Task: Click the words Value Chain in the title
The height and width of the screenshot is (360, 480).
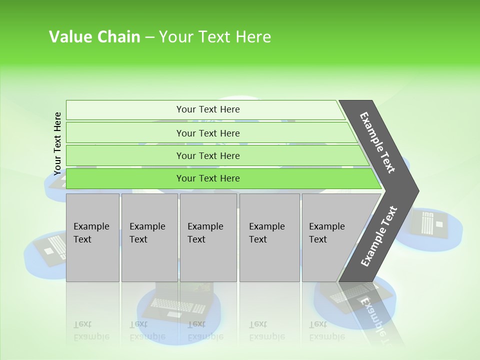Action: click(94, 37)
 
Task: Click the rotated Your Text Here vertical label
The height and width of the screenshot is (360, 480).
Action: click(57, 143)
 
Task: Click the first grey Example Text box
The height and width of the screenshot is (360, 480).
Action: click(92, 238)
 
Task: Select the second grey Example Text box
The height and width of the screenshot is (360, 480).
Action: click(149, 238)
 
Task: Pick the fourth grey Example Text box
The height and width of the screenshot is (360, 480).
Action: click(269, 238)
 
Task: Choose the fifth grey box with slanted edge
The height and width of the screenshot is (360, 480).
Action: click(330, 238)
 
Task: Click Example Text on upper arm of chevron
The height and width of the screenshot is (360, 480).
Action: click(377, 142)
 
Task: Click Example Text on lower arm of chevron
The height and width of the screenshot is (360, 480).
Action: click(378, 236)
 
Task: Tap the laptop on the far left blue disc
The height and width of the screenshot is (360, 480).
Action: click(50, 247)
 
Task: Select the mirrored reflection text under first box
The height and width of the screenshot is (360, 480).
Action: click(91, 330)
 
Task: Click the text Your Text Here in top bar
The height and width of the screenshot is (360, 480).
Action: click(208, 109)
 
